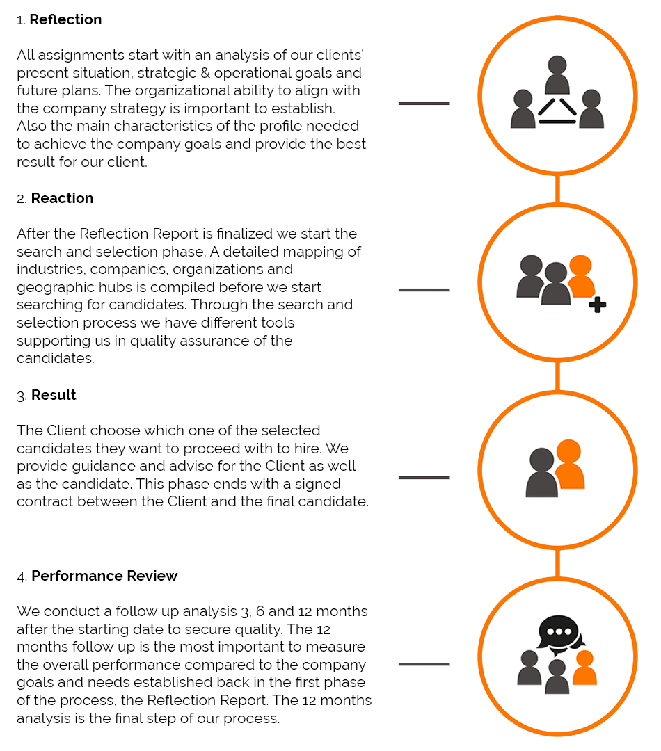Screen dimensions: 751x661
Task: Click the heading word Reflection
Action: click(65, 19)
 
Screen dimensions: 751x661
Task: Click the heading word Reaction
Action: click(62, 198)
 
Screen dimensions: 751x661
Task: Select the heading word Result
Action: click(54, 395)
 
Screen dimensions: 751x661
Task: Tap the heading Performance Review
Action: click(104, 576)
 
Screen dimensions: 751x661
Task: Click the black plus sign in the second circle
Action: click(597, 305)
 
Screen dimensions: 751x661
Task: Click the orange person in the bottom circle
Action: click(585, 668)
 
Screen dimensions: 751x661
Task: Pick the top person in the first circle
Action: click(557, 75)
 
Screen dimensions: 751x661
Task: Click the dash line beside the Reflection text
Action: click(424, 104)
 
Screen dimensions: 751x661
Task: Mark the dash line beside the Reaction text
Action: click(424, 290)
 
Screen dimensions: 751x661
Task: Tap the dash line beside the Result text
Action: click(424, 478)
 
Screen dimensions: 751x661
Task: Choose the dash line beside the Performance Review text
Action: click(424, 664)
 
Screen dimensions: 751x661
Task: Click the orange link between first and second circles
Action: click(557, 189)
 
